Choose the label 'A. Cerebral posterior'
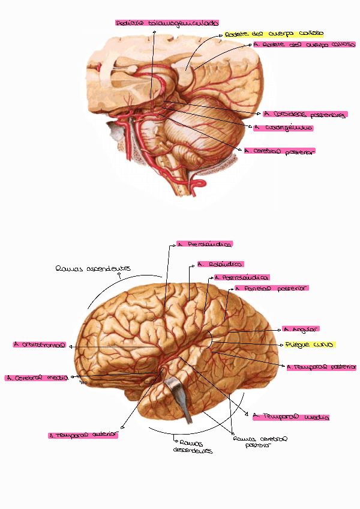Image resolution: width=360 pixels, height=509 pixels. click(x=280, y=151)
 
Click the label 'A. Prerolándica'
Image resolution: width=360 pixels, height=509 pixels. click(x=204, y=245)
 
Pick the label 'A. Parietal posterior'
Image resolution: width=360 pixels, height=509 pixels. click(x=271, y=288)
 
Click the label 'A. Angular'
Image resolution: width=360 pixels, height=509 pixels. click(x=301, y=329)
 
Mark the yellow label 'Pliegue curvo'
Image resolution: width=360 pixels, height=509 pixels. click(x=310, y=345)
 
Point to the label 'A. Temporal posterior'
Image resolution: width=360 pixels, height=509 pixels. click(x=322, y=367)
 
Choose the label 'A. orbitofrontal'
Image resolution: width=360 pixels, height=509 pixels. click(x=39, y=345)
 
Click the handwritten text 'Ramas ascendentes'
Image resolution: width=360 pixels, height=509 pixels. click(x=92, y=269)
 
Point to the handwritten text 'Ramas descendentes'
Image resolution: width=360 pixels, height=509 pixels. click(x=193, y=447)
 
